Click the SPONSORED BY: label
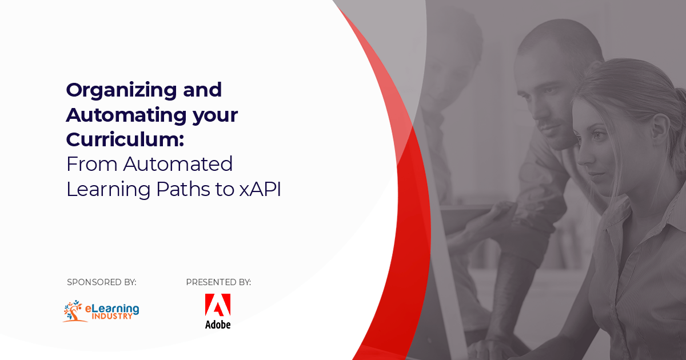[x=102, y=282]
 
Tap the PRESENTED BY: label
[x=218, y=282]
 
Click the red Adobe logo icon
[x=218, y=305]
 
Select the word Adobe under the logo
[x=218, y=325]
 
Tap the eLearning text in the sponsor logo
[x=112, y=308]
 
